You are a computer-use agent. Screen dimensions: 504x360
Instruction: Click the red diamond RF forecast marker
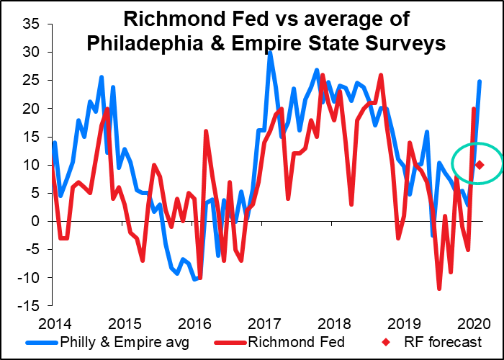click(480, 165)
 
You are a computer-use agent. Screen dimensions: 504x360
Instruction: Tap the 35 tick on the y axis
click(31, 24)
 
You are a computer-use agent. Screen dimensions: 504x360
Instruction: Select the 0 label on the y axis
click(36, 222)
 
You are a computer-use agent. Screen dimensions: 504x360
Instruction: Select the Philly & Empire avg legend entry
click(108, 342)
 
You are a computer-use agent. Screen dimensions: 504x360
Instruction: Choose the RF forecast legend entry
click(432, 342)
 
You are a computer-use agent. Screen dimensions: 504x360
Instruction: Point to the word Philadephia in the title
click(145, 43)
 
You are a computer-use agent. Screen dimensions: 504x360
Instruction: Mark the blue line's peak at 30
click(270, 53)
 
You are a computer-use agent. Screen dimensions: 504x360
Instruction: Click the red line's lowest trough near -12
click(439, 288)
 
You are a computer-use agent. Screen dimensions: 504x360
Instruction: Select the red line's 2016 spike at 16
click(206, 131)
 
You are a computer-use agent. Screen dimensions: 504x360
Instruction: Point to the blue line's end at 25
click(480, 81)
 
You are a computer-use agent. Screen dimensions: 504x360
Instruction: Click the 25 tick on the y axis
click(31, 81)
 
